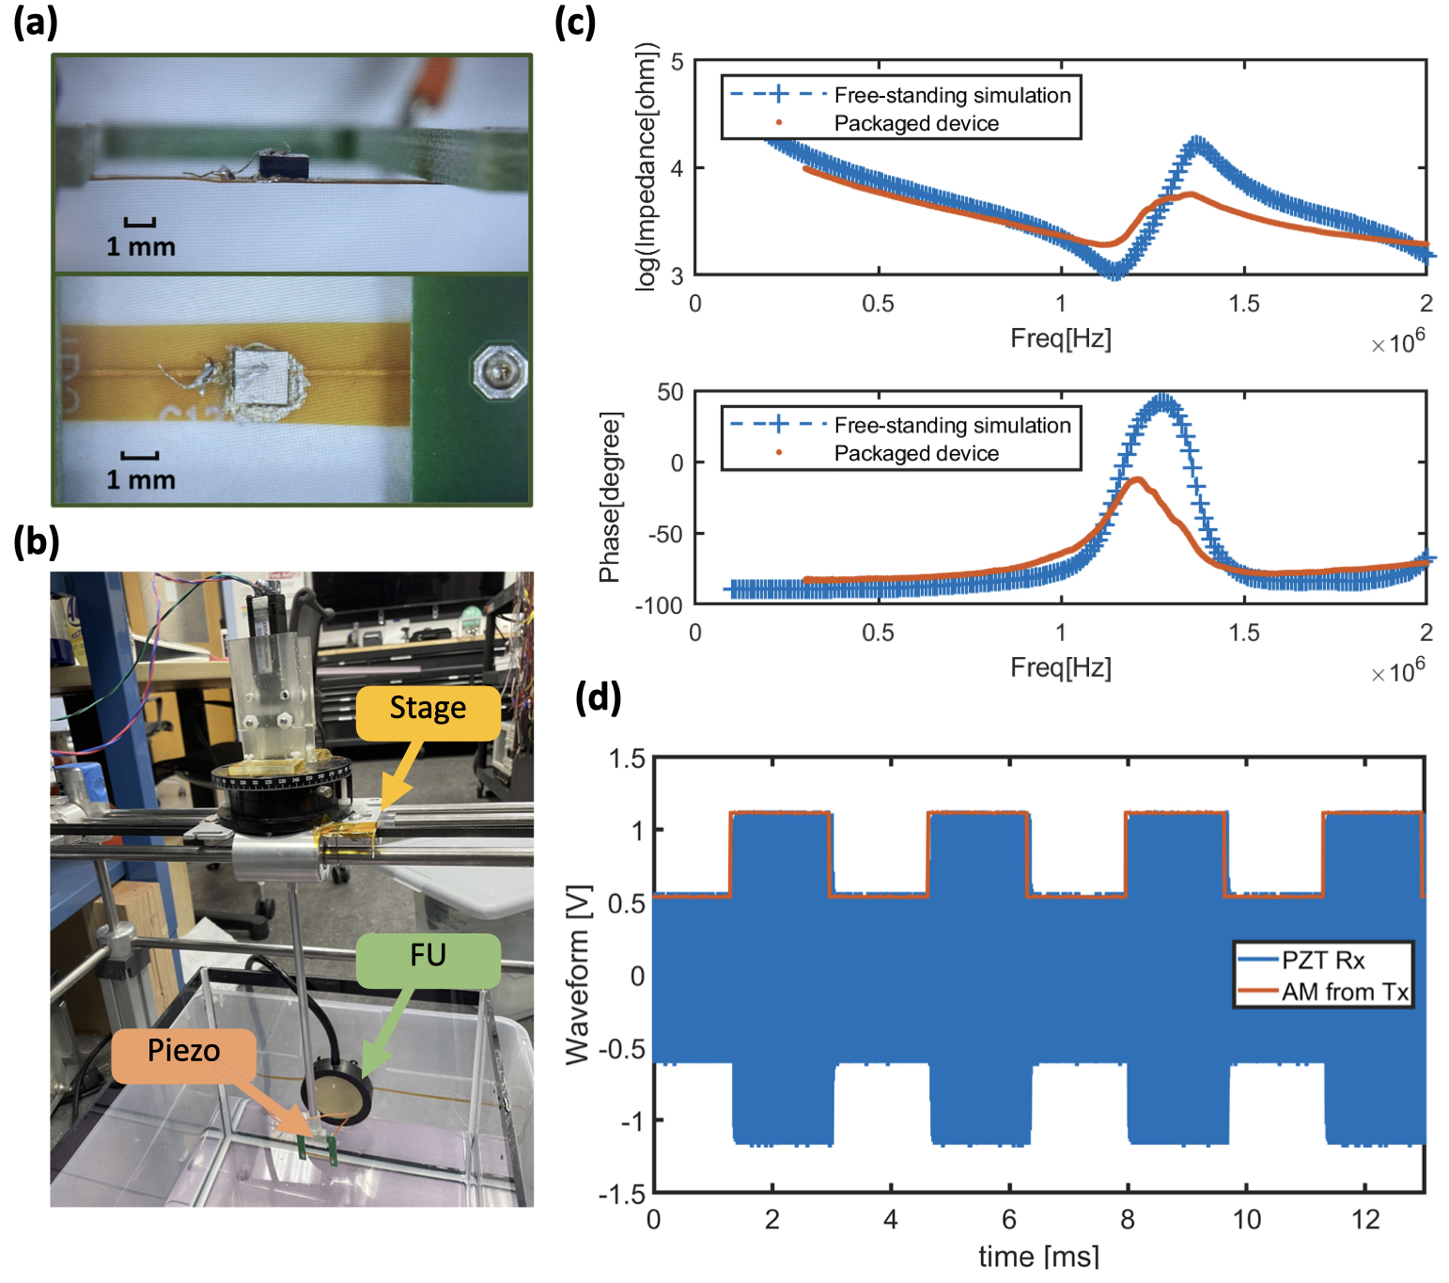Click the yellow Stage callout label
(x=428, y=708)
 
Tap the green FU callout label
(x=428, y=956)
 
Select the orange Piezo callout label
(x=183, y=1051)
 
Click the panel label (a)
(x=36, y=21)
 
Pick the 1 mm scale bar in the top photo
(x=140, y=224)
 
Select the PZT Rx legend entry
(x=1322, y=960)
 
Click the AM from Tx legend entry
(x=1345, y=992)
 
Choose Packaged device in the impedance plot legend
(x=915, y=123)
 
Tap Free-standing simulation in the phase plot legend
(x=952, y=425)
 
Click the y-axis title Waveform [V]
(x=577, y=974)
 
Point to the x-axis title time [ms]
(x=1038, y=1256)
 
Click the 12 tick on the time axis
(x=1364, y=1220)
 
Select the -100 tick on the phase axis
(x=659, y=605)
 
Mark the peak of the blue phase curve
(x=1165, y=400)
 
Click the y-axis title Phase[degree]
(x=610, y=496)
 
